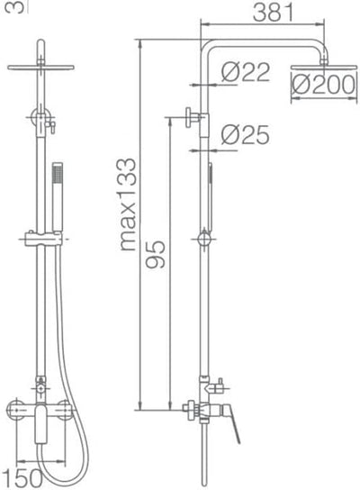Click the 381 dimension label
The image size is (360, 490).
coord(274,13)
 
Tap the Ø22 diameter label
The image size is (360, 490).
coord(246,72)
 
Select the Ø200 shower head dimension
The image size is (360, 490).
coord(323,85)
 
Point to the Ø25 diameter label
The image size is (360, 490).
coord(246,135)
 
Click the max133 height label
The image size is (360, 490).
coord(129,204)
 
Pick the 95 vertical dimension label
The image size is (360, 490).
coord(156,254)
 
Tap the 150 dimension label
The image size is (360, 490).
coord(24,478)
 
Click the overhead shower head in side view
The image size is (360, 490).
coord(323,67)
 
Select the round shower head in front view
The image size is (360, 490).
coord(40,68)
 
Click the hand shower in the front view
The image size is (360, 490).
coord(58,197)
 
